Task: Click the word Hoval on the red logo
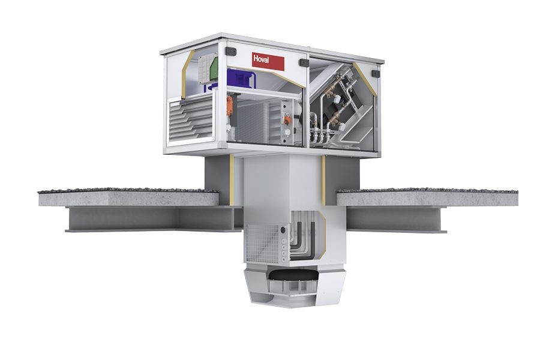(x=261, y=59)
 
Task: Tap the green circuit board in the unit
(x=214, y=68)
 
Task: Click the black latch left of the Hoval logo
(x=231, y=52)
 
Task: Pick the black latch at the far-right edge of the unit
(x=376, y=74)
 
